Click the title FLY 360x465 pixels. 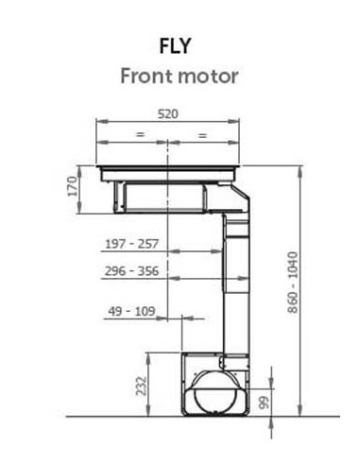point(175,46)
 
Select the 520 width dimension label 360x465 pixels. point(168,114)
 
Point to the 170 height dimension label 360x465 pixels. point(73,186)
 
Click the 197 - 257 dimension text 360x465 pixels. point(131,244)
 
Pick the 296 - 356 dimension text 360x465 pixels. point(131,271)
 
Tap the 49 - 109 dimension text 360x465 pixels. point(132,311)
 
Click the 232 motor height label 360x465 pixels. point(142,386)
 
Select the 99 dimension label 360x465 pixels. point(264,403)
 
